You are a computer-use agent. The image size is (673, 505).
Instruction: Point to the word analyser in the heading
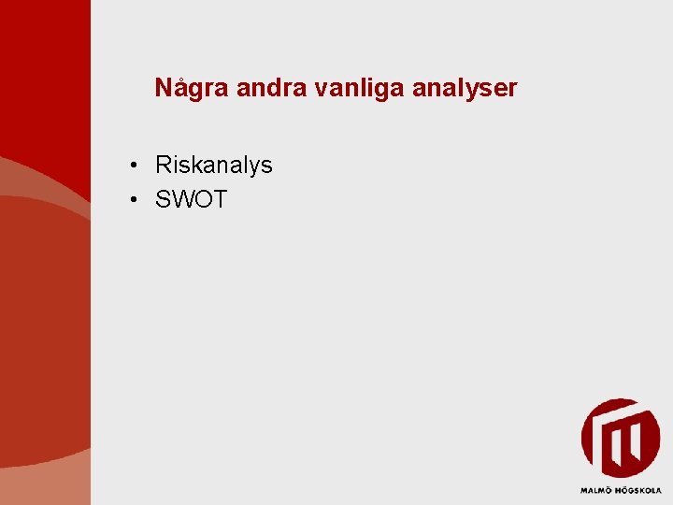click(461, 89)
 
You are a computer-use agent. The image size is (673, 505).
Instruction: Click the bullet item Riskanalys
click(214, 166)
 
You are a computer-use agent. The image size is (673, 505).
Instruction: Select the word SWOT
click(192, 199)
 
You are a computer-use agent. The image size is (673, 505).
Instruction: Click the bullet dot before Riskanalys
click(136, 166)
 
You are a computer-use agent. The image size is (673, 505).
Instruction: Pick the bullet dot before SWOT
click(136, 200)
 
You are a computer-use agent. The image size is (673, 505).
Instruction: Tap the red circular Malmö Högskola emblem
click(620, 439)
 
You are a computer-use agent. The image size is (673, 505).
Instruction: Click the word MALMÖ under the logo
click(596, 490)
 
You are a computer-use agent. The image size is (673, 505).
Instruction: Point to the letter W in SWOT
click(183, 199)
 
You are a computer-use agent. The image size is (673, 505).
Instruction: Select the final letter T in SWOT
click(221, 199)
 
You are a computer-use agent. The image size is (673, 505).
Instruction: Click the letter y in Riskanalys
click(252, 168)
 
